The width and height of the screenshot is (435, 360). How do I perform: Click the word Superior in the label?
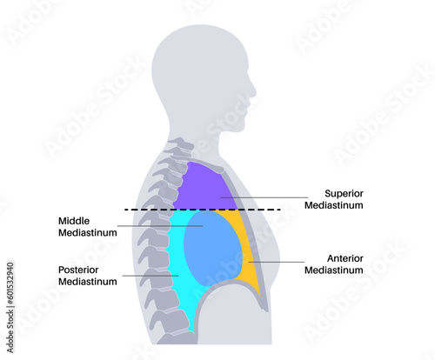pos(344,193)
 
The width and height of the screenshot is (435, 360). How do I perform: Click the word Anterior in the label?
pos(345,258)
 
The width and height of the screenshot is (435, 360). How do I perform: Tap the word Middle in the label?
pos(74,221)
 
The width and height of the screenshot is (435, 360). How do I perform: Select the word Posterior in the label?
pos(78,270)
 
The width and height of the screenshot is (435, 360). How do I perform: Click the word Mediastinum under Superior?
pos(334,205)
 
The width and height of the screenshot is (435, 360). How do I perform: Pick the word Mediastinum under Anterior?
pos(334,270)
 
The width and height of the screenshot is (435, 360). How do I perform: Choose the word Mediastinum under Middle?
pos(88,233)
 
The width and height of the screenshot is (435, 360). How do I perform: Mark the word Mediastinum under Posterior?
pos(88,282)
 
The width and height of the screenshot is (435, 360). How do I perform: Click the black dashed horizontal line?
pos(203,210)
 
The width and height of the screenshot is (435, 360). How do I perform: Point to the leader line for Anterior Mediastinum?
pos(277,262)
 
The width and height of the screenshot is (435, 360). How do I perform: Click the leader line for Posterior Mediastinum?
pos(151,276)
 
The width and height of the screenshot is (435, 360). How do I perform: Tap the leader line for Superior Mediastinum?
pos(264,197)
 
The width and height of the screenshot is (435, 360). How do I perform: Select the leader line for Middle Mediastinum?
pos(160,226)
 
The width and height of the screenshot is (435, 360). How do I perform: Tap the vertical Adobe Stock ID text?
pos(10,308)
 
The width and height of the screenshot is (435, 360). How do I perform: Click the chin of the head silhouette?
pos(242,128)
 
